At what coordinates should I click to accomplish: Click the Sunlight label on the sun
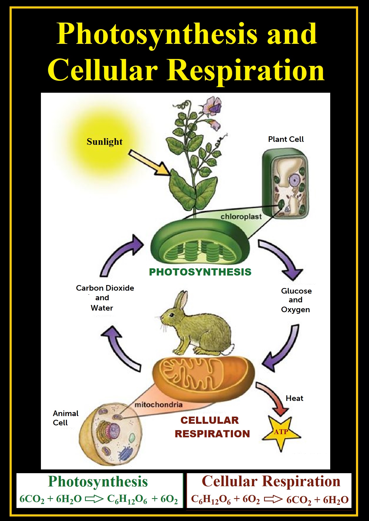[104, 142]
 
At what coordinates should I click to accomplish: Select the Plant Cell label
[286, 139]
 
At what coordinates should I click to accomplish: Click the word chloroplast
[241, 217]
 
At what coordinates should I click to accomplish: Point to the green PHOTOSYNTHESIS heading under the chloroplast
[200, 272]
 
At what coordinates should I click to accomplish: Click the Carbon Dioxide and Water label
[105, 298]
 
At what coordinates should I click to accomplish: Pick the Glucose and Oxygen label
[296, 300]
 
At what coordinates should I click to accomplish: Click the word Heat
[294, 398]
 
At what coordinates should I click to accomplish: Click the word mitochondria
[159, 405]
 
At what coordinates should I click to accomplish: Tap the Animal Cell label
[65, 418]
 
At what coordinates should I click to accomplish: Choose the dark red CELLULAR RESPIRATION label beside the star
[212, 427]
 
